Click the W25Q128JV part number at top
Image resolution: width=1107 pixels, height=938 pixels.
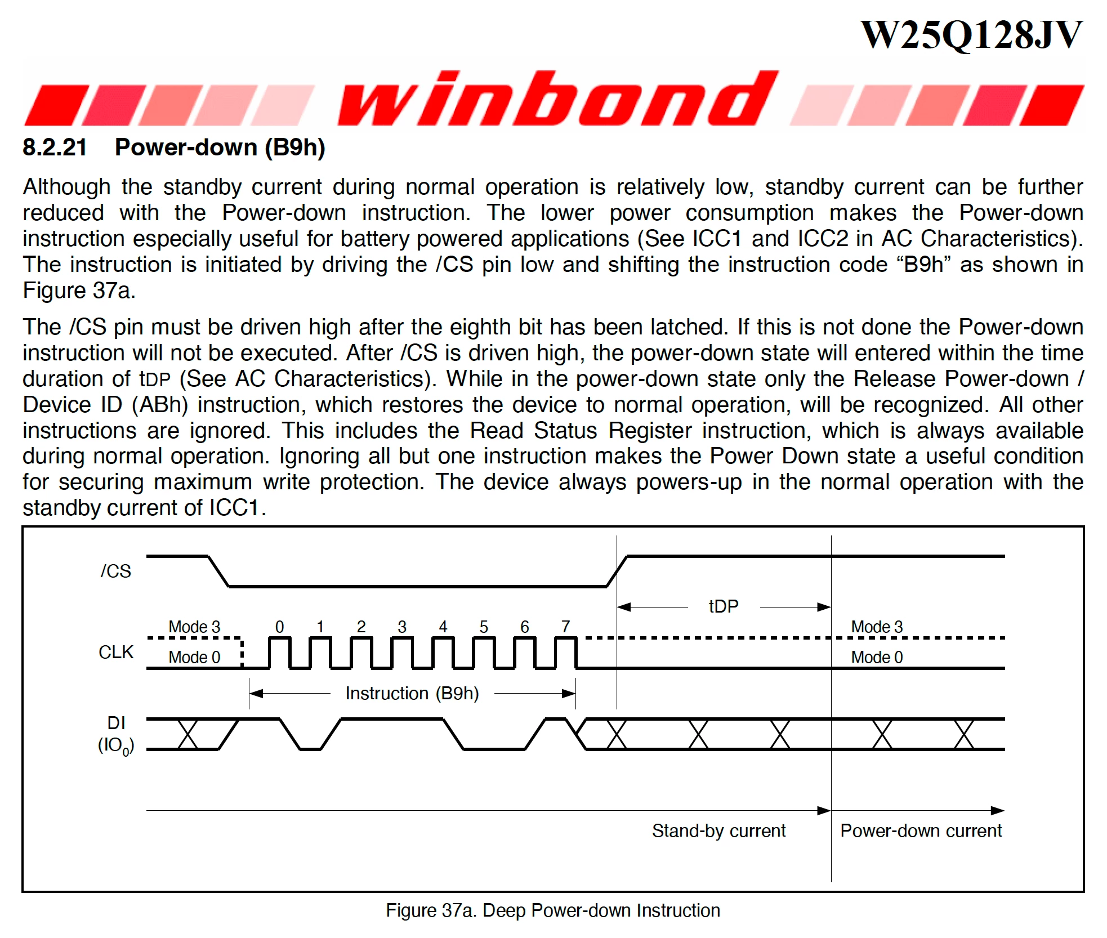pyautogui.click(x=971, y=35)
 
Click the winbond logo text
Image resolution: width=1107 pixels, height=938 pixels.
pyautogui.click(x=557, y=98)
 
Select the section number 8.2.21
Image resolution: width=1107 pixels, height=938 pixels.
pyautogui.click(x=55, y=147)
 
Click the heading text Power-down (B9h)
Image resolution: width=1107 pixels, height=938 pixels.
pyautogui.click(x=220, y=148)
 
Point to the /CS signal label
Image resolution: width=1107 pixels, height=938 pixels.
pyautogui.click(x=116, y=571)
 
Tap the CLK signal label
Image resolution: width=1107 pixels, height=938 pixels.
pyautogui.click(x=116, y=652)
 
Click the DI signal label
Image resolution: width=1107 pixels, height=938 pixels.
pyautogui.click(x=117, y=723)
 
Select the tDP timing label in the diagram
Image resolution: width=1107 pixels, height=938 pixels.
pyautogui.click(x=724, y=606)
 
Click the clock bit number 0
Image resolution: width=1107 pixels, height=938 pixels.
pyautogui.click(x=280, y=627)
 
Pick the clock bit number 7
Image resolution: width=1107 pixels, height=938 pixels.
pyautogui.click(x=566, y=627)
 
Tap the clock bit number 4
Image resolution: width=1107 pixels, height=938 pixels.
pyautogui.click(x=443, y=627)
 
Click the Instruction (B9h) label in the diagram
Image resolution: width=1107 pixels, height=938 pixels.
pyautogui.click(x=412, y=693)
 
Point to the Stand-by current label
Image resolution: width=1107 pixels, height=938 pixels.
pyautogui.click(x=719, y=830)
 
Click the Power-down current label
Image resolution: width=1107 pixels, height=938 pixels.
pyautogui.click(x=921, y=830)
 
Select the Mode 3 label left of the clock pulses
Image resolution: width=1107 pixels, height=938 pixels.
pyautogui.click(x=194, y=627)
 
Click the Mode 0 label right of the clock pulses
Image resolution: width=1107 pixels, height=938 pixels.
pyautogui.click(x=877, y=657)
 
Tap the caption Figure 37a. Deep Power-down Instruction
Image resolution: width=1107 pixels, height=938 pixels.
pyautogui.click(x=553, y=910)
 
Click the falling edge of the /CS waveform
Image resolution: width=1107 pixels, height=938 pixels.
pyautogui.click(x=218, y=571)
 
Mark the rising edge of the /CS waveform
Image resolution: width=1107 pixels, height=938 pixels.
pyautogui.click(x=617, y=571)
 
